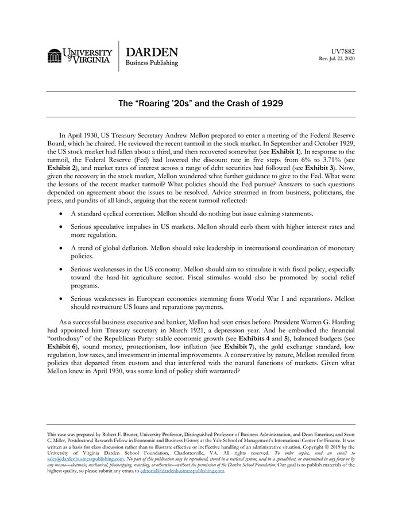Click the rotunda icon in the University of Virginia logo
(x=54, y=56)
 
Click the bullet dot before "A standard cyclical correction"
(x=62, y=213)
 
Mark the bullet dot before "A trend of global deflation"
(x=62, y=248)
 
